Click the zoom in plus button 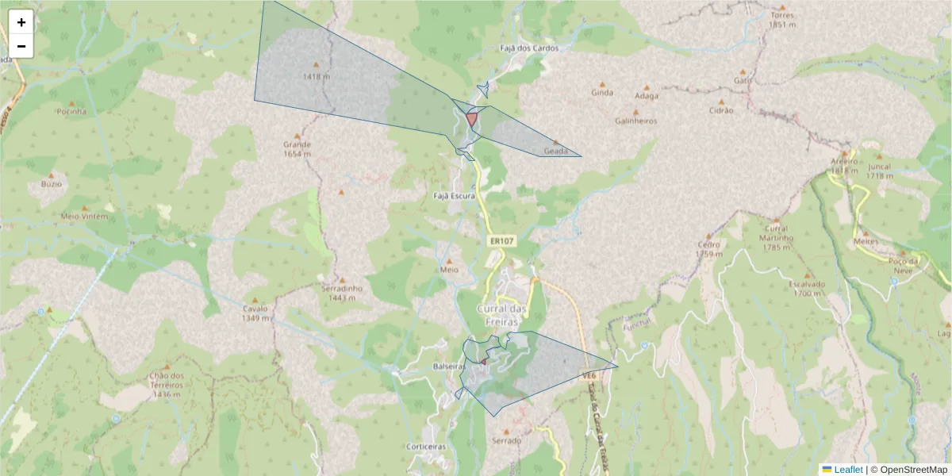21,22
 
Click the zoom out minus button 21,46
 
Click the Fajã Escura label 454,195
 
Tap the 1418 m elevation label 317,76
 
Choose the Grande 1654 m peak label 297,149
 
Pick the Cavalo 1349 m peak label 255,313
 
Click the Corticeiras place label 426,447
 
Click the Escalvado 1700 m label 807,288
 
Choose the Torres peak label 781,19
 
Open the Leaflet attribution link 848,470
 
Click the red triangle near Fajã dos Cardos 472,118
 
